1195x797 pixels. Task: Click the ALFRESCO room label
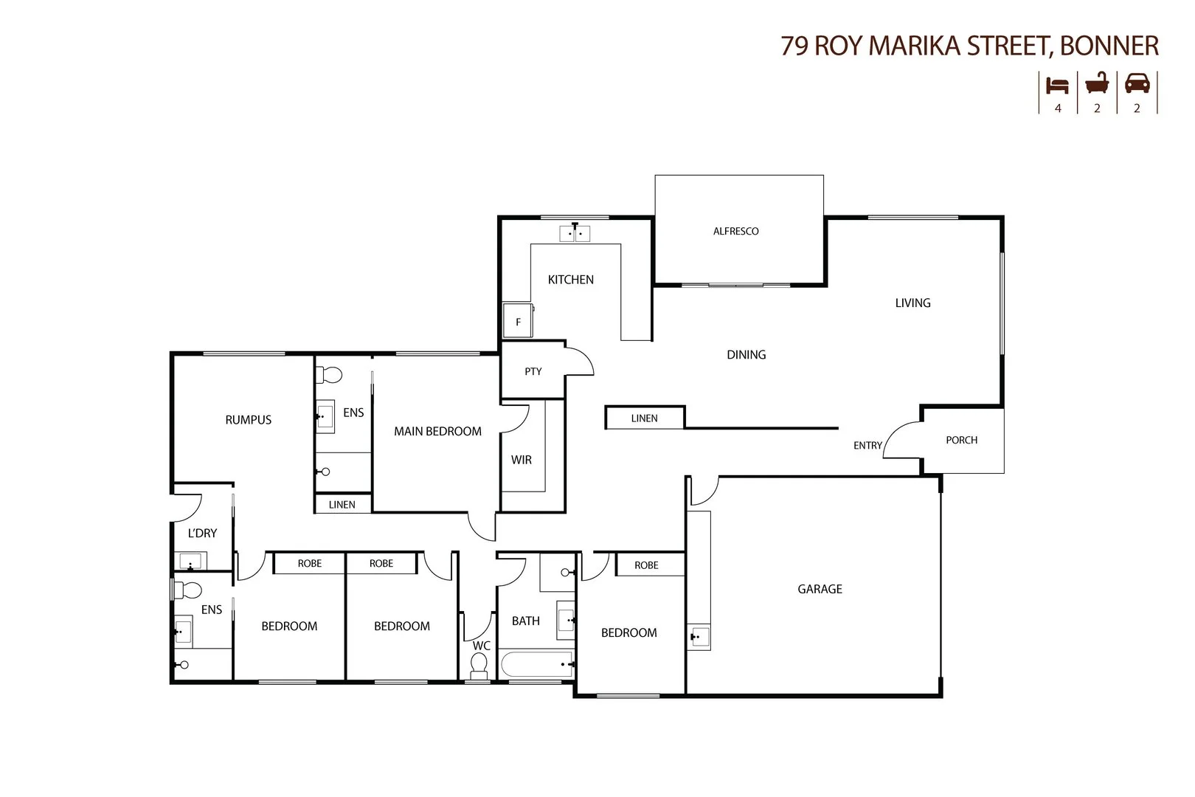point(735,231)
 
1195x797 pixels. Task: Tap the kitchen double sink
point(575,234)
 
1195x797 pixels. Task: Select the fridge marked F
point(517,321)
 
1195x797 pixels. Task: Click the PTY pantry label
point(533,371)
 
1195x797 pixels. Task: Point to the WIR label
point(521,460)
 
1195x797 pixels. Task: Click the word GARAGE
point(820,589)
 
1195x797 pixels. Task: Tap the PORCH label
point(961,440)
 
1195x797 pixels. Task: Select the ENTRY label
point(867,445)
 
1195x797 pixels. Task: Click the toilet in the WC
point(479,667)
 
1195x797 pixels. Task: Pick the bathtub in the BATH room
point(537,664)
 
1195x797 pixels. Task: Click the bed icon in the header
point(1057,86)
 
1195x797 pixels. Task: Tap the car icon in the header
point(1137,84)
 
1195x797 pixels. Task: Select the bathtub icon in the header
point(1097,84)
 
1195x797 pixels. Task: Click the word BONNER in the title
point(1109,46)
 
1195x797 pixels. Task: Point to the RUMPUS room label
point(248,420)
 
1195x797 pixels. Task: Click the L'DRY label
point(202,533)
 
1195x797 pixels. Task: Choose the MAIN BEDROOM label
point(437,431)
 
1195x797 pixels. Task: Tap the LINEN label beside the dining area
point(644,418)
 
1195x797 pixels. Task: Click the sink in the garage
point(699,636)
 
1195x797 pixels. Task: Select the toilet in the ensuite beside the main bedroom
point(329,376)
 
